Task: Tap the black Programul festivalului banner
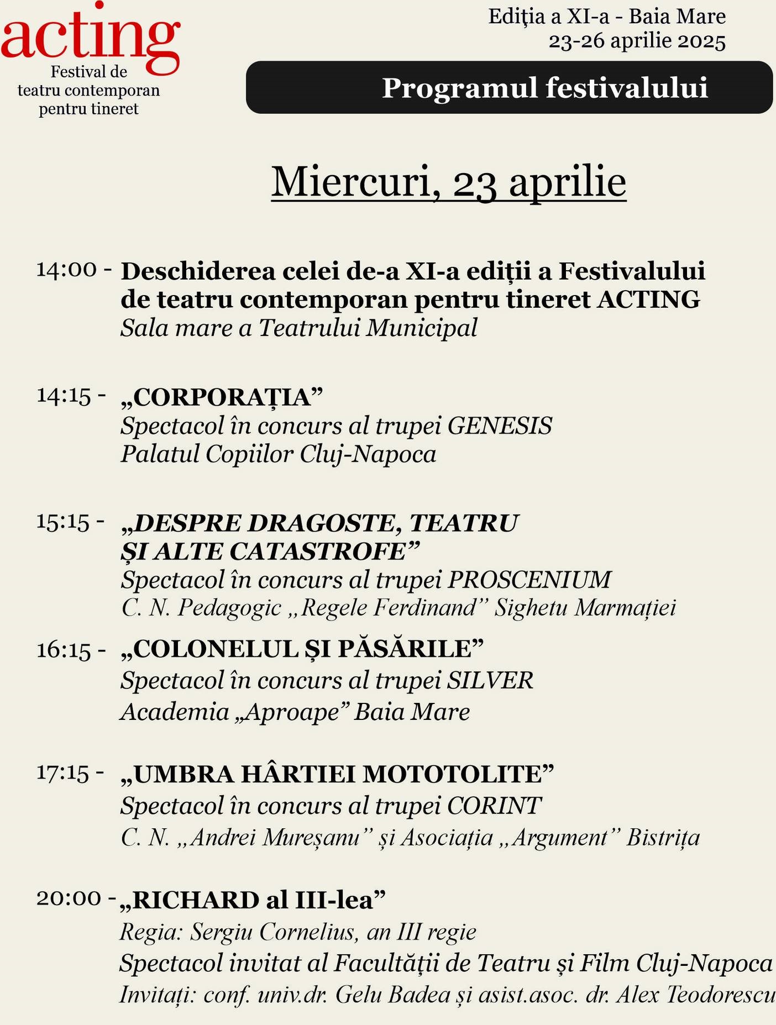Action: pyautogui.click(x=509, y=87)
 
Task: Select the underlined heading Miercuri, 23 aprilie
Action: pyautogui.click(x=448, y=182)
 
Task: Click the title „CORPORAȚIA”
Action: pyautogui.click(x=222, y=397)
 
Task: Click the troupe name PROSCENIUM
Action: pyautogui.click(x=529, y=580)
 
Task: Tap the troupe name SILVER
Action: pyautogui.click(x=490, y=680)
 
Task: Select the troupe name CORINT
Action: pyautogui.click(x=494, y=806)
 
